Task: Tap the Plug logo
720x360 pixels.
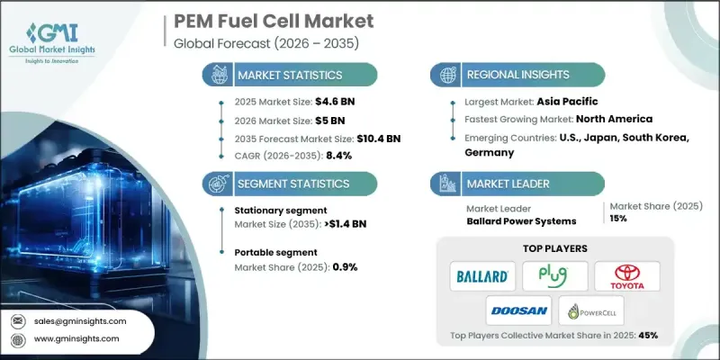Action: point(555,275)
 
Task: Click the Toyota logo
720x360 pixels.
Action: point(626,275)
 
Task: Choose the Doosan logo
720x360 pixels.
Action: point(518,310)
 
